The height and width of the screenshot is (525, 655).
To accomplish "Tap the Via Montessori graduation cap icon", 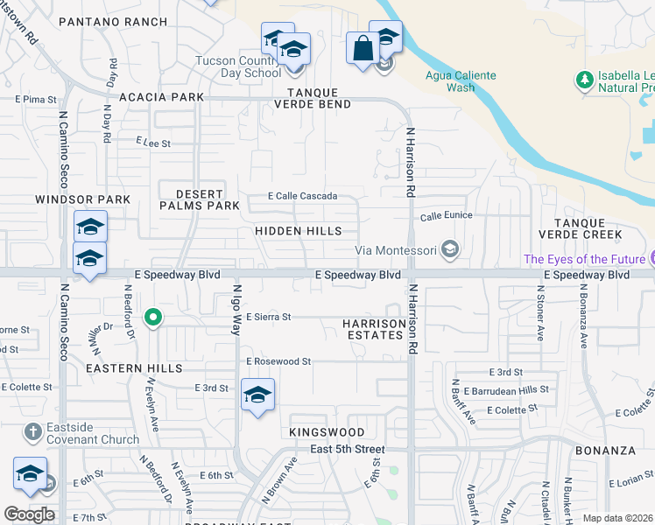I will click(x=450, y=250).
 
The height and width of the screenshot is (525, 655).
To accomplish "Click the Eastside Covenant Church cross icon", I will click(x=32, y=432).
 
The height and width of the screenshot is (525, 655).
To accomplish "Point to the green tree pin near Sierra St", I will click(x=153, y=317).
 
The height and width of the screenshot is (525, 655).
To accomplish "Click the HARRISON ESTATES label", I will click(x=375, y=329).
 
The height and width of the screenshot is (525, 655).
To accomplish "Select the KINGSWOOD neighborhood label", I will click(x=327, y=432).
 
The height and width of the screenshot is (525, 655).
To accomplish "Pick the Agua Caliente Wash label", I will click(x=461, y=81).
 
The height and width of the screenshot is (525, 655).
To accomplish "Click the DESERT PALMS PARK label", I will click(x=200, y=199).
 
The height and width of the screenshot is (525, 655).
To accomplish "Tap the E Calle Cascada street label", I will click(x=302, y=196).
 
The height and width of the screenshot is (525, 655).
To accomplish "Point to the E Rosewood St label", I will click(x=278, y=360).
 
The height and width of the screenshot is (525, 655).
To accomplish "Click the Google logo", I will click(x=29, y=514).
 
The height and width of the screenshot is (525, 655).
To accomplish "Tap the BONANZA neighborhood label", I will click(x=605, y=451).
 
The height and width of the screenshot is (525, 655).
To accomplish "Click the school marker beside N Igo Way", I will click(x=257, y=396).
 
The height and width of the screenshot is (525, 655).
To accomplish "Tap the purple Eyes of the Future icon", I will click(x=650, y=259).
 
